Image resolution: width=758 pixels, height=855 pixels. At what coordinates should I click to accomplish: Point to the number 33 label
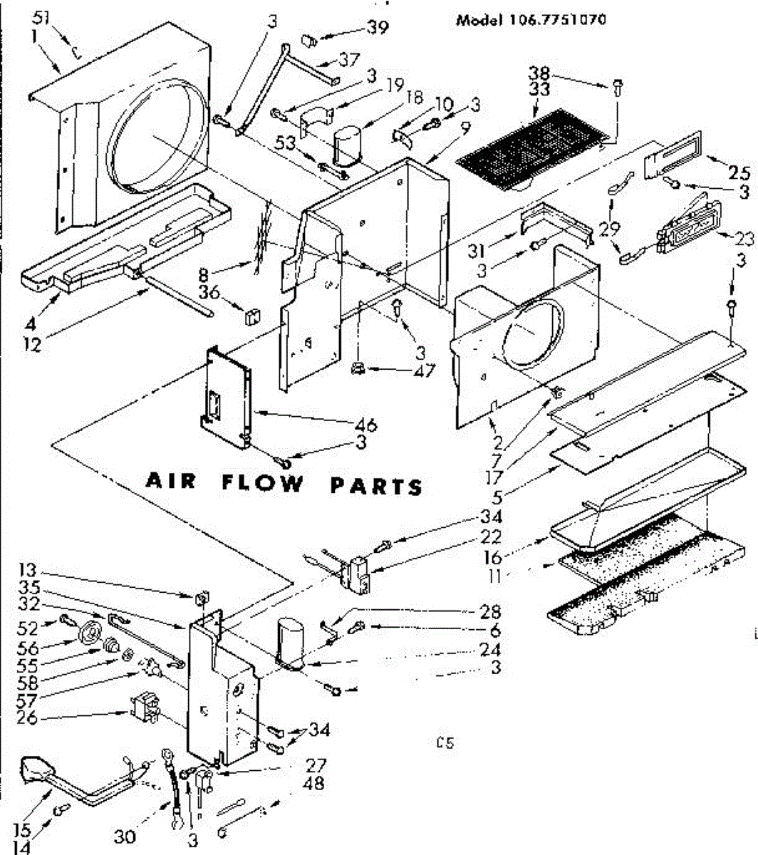pyautogui.click(x=539, y=90)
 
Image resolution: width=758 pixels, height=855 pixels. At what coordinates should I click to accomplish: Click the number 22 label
pyautogui.click(x=492, y=537)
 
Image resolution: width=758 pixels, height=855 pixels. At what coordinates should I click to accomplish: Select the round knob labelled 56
pyautogui.click(x=90, y=633)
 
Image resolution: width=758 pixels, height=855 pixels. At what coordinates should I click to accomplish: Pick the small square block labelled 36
pyautogui.click(x=251, y=316)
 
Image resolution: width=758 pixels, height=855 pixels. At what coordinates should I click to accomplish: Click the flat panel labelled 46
pyautogui.click(x=227, y=398)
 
